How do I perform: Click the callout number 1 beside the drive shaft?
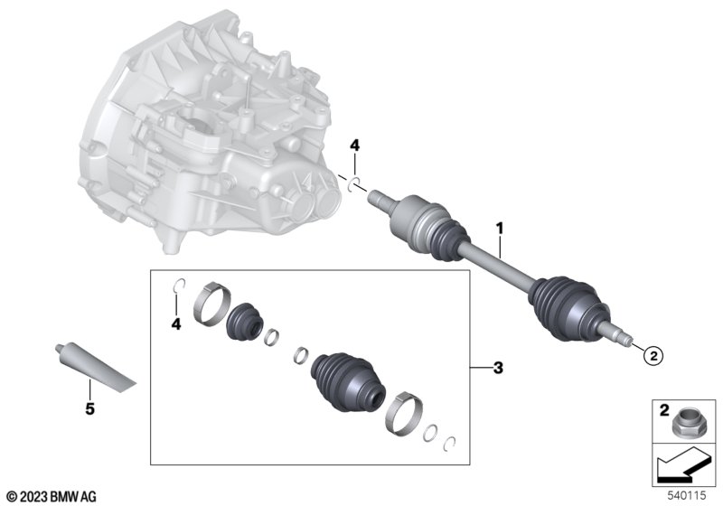pos(500,229)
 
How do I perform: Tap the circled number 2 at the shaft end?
pos(653,355)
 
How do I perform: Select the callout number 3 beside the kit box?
pos(498,369)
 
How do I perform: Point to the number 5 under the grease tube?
pos(89,408)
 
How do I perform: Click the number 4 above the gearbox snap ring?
pos(354,146)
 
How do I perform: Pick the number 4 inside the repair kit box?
pos(176,324)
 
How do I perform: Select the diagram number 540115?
pos(687,496)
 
